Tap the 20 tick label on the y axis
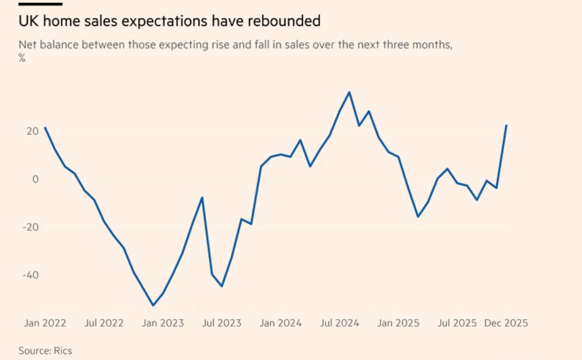tap(33, 131)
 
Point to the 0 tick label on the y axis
tap(35, 179)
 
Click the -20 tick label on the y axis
tap(30, 227)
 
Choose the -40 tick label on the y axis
tap(30, 275)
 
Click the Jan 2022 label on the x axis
tap(45, 323)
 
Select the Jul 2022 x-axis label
tap(104, 323)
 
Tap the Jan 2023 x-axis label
tap(163, 323)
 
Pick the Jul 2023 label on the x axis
tap(222, 323)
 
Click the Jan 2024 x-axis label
tap(280, 323)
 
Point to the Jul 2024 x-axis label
tap(340, 323)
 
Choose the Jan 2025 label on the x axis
tap(398, 323)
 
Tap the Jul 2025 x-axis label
tap(457, 323)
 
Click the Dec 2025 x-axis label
tap(506, 323)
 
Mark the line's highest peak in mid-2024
tap(349, 92)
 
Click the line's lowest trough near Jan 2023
tap(153, 305)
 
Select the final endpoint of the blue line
tap(506, 125)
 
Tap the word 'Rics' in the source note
tap(62, 351)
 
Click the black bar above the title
tap(40, 4)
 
